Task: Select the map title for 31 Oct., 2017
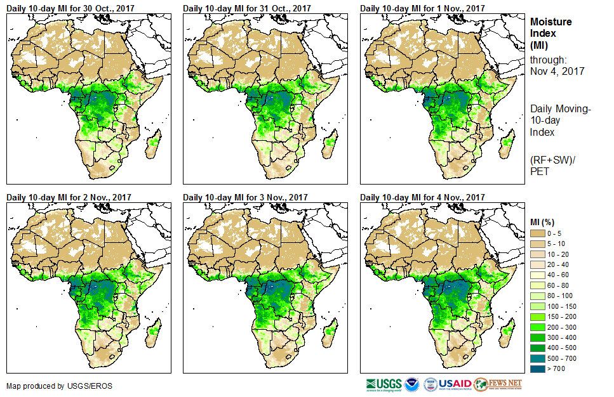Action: tap(247, 8)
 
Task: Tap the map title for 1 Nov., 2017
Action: tap(422, 8)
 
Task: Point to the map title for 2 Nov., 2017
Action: tap(69, 197)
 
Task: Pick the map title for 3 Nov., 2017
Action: tap(245, 197)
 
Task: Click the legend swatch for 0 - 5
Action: tap(538, 233)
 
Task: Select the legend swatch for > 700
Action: tap(538, 368)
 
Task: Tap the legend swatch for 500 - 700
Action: tap(538, 358)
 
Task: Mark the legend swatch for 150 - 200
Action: tap(538, 316)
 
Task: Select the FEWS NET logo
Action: tap(498, 384)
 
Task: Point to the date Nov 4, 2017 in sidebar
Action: tap(557, 71)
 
